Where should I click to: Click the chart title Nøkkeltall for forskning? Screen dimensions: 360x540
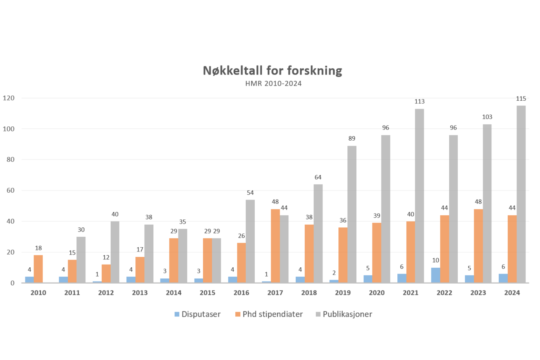click(272, 71)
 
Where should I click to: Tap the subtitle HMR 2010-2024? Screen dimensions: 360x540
click(273, 84)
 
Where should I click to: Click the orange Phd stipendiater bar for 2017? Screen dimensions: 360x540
click(275, 246)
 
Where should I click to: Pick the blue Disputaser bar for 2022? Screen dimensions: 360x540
click(436, 275)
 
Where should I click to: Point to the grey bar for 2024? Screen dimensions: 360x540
click(521, 194)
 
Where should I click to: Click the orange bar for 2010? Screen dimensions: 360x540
click(38, 269)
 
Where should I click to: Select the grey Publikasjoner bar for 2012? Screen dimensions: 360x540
click(115, 252)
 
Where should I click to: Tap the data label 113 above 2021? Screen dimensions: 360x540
click(419, 102)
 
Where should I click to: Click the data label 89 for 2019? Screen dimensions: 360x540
click(351, 138)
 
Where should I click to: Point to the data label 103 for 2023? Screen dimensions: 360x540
click(487, 117)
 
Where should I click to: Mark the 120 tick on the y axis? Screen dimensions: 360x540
click(9, 98)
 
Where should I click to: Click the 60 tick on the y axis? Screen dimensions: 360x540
click(10, 191)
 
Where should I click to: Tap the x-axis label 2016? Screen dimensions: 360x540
click(241, 293)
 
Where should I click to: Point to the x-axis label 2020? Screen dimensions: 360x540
click(377, 293)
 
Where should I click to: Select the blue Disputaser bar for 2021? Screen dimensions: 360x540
click(402, 278)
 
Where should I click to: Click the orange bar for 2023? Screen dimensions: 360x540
click(478, 246)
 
